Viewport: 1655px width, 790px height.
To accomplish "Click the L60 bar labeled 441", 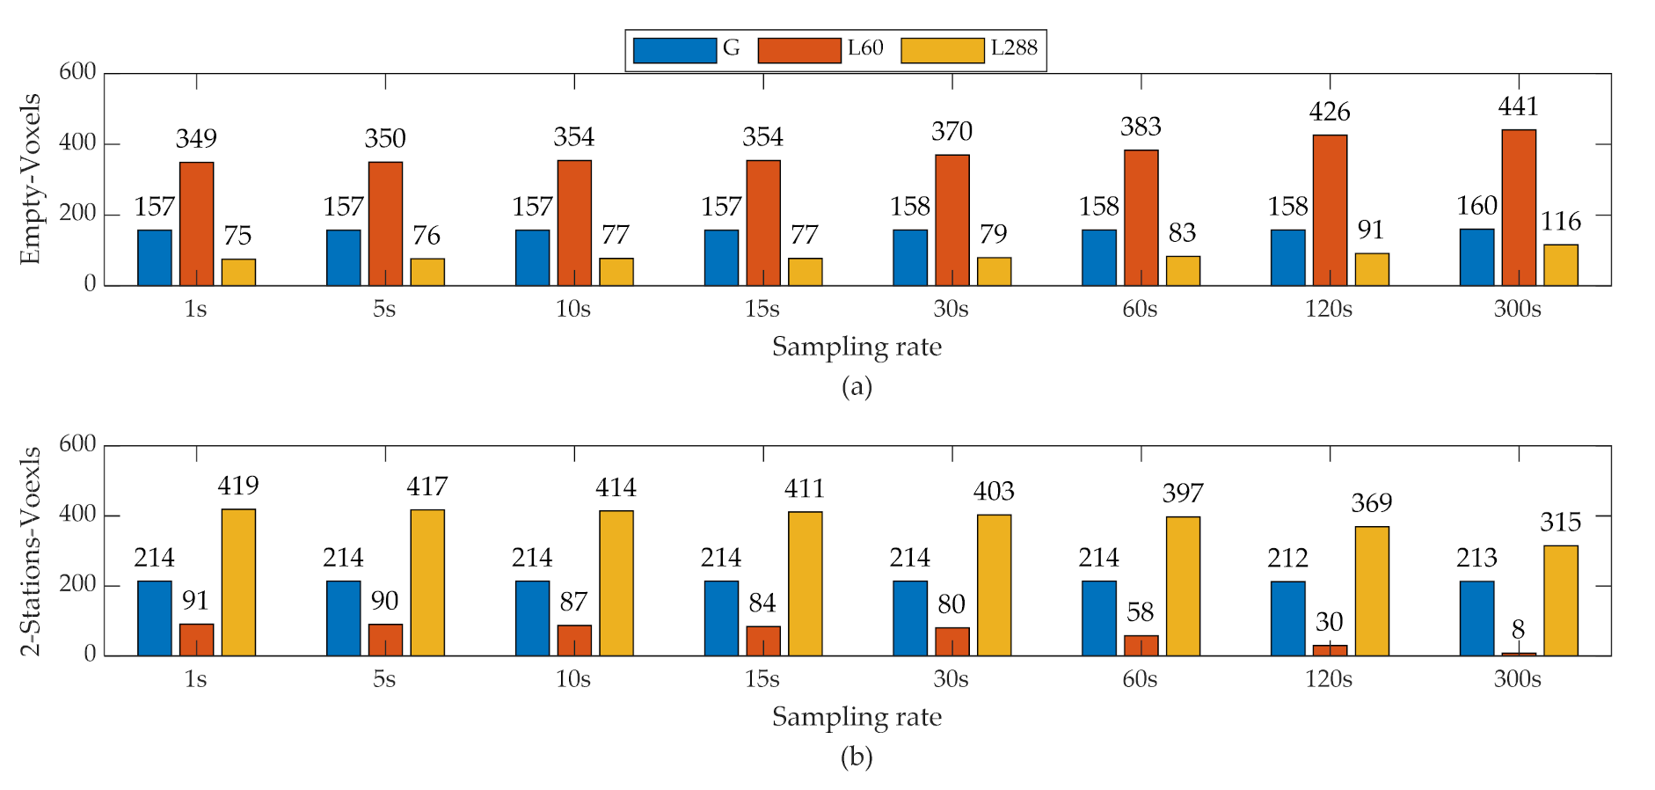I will pos(1519,208).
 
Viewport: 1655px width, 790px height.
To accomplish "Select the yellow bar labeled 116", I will pos(1561,265).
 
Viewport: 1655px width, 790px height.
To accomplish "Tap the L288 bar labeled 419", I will pos(238,582).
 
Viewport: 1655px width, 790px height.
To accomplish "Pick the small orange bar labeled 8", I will pos(1519,654).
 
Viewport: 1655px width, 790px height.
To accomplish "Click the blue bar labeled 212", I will pos(1287,618).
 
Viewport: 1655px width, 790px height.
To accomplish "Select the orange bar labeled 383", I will pos(1141,218).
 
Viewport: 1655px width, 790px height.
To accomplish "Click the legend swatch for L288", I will pos(942,50).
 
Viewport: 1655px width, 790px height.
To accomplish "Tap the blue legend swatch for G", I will pos(674,50).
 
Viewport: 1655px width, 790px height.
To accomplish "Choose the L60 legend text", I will pos(865,48).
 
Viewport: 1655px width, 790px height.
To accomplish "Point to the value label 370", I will pos(951,132).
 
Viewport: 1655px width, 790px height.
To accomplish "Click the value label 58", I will pos(1140,612).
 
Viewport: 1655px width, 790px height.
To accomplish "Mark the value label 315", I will pos(1560,523).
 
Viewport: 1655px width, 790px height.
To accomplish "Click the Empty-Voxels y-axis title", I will pos(31,179).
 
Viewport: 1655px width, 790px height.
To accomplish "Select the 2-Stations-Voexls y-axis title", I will pos(31,551).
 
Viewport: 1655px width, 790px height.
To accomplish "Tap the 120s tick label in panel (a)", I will pos(1328,309).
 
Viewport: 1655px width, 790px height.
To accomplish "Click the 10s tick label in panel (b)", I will pos(573,679).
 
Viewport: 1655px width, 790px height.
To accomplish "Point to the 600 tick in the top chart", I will pos(77,72).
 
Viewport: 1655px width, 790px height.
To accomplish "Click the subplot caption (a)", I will pos(857,386).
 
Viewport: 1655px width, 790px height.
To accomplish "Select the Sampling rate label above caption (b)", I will pos(857,717).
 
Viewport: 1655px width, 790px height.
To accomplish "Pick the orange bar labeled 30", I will pos(1330,650).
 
